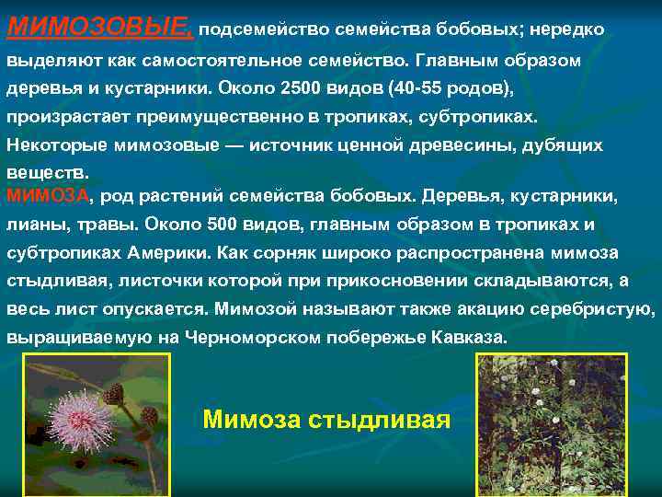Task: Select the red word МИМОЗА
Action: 48,195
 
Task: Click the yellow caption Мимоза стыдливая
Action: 325,420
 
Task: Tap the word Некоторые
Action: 58,145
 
